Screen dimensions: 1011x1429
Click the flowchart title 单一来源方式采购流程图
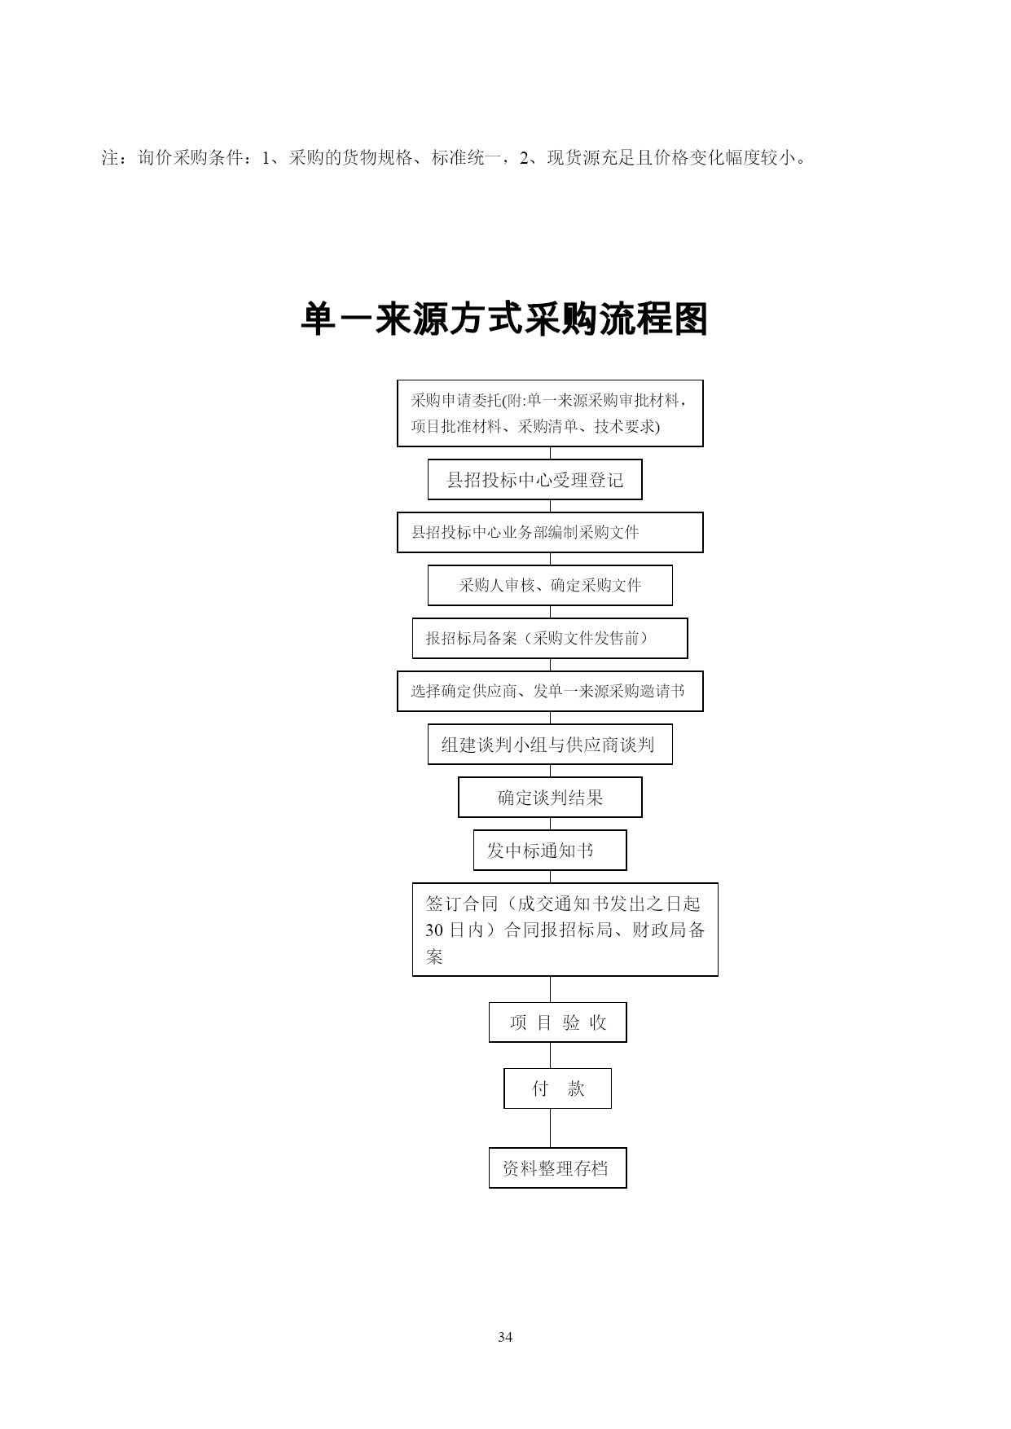(504, 319)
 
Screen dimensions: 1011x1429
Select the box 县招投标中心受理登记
(534, 480)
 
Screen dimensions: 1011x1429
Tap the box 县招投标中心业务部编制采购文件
(550, 533)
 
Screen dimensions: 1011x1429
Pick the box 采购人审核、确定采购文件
(550, 586)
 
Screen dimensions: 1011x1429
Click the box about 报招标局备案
(550, 639)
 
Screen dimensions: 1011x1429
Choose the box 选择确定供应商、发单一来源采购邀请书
(550, 692)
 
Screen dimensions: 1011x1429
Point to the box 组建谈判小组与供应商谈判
(550, 745)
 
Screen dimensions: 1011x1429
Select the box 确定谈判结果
(550, 798)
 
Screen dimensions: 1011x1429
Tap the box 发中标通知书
(550, 851)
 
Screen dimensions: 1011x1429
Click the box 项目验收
(557, 1022)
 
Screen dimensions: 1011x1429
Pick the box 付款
(557, 1088)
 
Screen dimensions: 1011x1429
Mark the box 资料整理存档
(557, 1168)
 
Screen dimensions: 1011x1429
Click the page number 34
(505, 1337)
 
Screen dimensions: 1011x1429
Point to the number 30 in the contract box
(434, 930)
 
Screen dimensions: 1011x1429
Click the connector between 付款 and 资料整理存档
(550, 1128)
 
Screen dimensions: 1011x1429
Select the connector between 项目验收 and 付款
(550, 1056)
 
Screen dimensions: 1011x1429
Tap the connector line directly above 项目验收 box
(550, 990)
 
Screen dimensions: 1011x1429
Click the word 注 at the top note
(110, 157)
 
